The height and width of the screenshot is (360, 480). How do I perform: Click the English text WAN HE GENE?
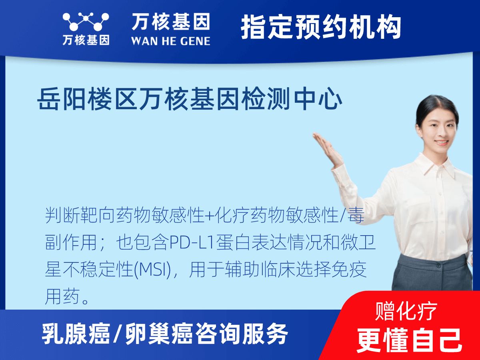tap(170, 40)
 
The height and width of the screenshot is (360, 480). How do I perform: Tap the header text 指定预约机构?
tap(321, 27)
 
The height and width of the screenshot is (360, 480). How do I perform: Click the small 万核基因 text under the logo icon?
tap(86, 40)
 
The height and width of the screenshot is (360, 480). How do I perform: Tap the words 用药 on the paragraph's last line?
tap(60, 296)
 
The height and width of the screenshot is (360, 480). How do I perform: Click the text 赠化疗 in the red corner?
tap(406, 311)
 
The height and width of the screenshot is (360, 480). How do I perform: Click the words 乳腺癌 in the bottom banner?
tap(76, 334)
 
